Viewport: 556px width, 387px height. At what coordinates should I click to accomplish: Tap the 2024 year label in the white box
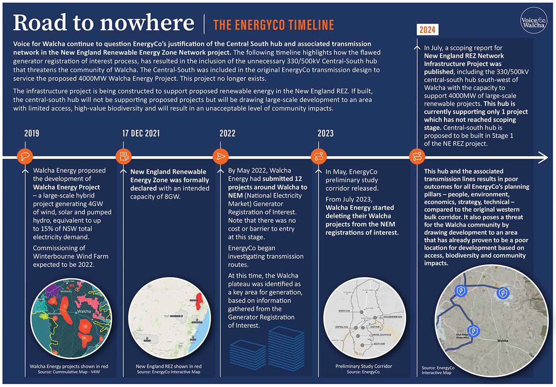pyautogui.click(x=427, y=30)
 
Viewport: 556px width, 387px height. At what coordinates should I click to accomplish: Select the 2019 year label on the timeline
pyautogui.click(x=32, y=133)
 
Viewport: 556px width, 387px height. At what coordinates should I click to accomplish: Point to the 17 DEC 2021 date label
pyautogui.click(x=141, y=133)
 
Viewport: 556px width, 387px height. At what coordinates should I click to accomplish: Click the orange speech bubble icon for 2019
pyautogui.click(x=25, y=156)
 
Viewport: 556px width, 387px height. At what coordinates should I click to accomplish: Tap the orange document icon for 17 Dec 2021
pyautogui.click(x=123, y=156)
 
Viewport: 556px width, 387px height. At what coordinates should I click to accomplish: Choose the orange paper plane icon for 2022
pyautogui.click(x=221, y=156)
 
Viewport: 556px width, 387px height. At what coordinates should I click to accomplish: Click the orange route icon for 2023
pyautogui.click(x=319, y=156)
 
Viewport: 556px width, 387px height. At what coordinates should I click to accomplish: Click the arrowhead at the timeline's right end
pyautogui.click(x=543, y=157)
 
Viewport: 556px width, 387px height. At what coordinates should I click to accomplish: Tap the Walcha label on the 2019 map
pyautogui.click(x=84, y=311)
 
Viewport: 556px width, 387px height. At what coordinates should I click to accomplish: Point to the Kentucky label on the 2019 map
pyautogui.click(x=66, y=291)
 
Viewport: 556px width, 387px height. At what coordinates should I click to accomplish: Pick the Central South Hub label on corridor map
pyautogui.click(x=381, y=334)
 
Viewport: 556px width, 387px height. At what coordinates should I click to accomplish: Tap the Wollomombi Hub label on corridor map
pyautogui.click(x=392, y=317)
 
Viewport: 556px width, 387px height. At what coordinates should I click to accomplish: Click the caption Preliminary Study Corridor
pyautogui.click(x=364, y=366)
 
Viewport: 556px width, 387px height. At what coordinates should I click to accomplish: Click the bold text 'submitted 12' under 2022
pyautogui.click(x=282, y=179)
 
